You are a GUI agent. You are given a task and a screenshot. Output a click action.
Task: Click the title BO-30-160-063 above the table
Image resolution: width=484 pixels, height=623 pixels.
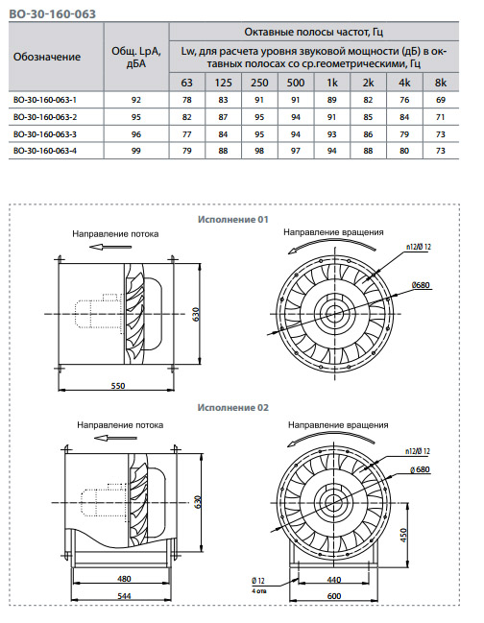point(53,14)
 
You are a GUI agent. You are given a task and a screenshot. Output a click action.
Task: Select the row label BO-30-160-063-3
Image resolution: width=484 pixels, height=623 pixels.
point(45,134)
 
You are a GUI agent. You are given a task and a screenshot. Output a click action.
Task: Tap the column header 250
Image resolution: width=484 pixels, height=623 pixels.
point(259,83)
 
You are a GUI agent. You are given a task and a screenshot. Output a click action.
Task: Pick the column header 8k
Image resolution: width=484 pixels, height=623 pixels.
point(441,83)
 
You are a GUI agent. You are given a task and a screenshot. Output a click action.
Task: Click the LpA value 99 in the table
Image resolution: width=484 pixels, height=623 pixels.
point(136,151)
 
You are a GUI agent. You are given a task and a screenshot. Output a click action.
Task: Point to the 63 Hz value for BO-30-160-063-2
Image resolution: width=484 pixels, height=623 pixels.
point(186,117)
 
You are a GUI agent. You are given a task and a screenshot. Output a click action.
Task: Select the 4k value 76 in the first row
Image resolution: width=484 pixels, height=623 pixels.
point(404,100)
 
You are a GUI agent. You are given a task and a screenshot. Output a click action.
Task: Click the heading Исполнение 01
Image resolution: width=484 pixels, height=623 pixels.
point(233,219)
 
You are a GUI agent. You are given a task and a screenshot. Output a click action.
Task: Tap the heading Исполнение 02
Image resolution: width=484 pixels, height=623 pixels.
point(233,408)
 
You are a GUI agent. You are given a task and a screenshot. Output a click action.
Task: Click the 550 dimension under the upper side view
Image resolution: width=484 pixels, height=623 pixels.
point(118,385)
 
